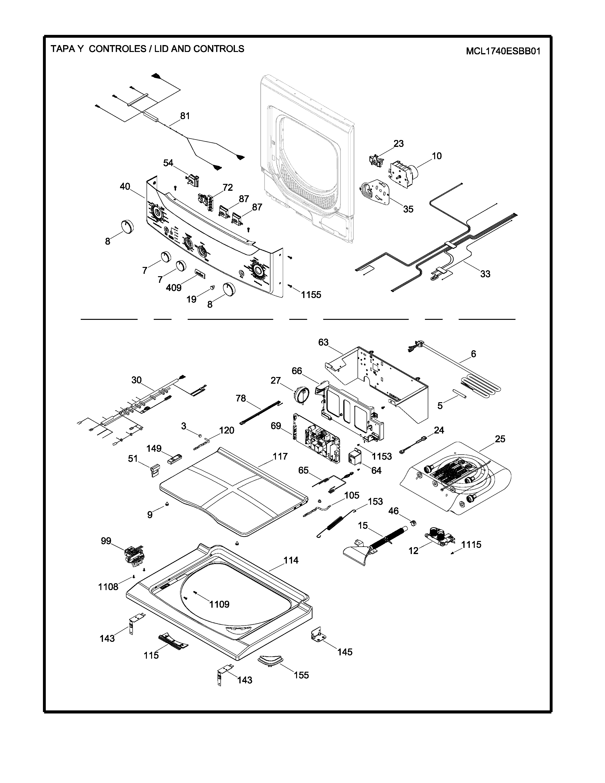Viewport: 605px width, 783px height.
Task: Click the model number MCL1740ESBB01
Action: click(503, 51)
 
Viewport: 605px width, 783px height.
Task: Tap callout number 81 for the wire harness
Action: click(185, 116)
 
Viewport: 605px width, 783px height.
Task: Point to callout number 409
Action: click(173, 288)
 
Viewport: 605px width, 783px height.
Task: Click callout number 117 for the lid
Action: click(280, 456)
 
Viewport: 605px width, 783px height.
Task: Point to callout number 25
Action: click(500, 439)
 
